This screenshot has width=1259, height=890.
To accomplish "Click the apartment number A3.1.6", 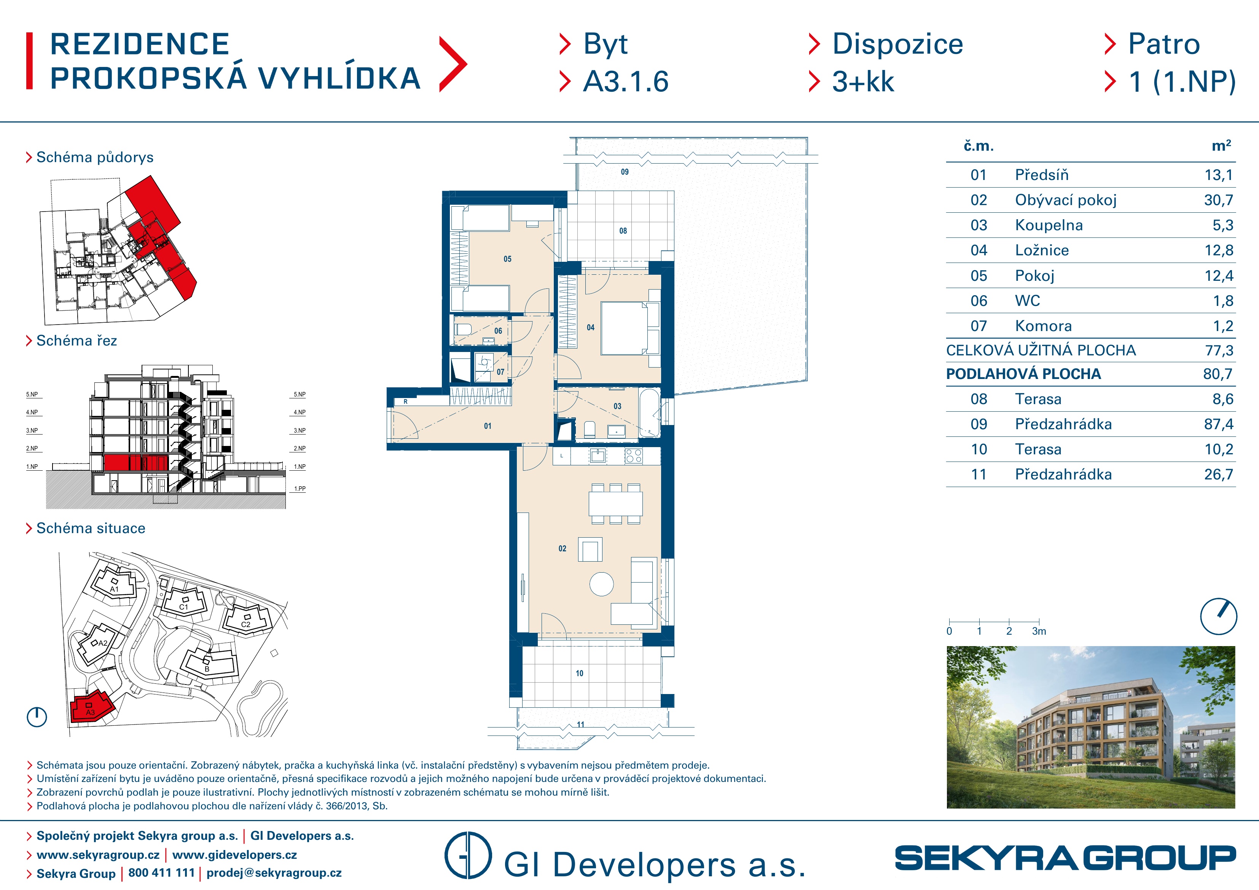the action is point(626,82).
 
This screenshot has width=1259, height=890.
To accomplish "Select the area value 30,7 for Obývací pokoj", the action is point(1218,200).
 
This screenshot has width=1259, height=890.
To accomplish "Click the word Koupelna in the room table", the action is point(1049,225).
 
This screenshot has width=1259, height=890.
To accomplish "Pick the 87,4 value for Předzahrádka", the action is point(1218,424).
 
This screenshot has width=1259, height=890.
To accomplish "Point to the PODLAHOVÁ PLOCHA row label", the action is point(1023,374).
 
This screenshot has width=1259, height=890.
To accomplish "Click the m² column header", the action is point(1221,146).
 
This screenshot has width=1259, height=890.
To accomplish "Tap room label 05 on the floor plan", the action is point(507,259).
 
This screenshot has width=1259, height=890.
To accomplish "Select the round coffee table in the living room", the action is point(602,584).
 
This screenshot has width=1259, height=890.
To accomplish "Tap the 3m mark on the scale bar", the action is point(1039,631).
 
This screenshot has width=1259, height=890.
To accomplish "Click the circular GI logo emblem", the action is point(468,855).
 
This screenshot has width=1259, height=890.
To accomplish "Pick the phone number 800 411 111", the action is point(161,873).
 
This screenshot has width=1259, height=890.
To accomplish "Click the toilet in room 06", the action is point(463,330).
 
